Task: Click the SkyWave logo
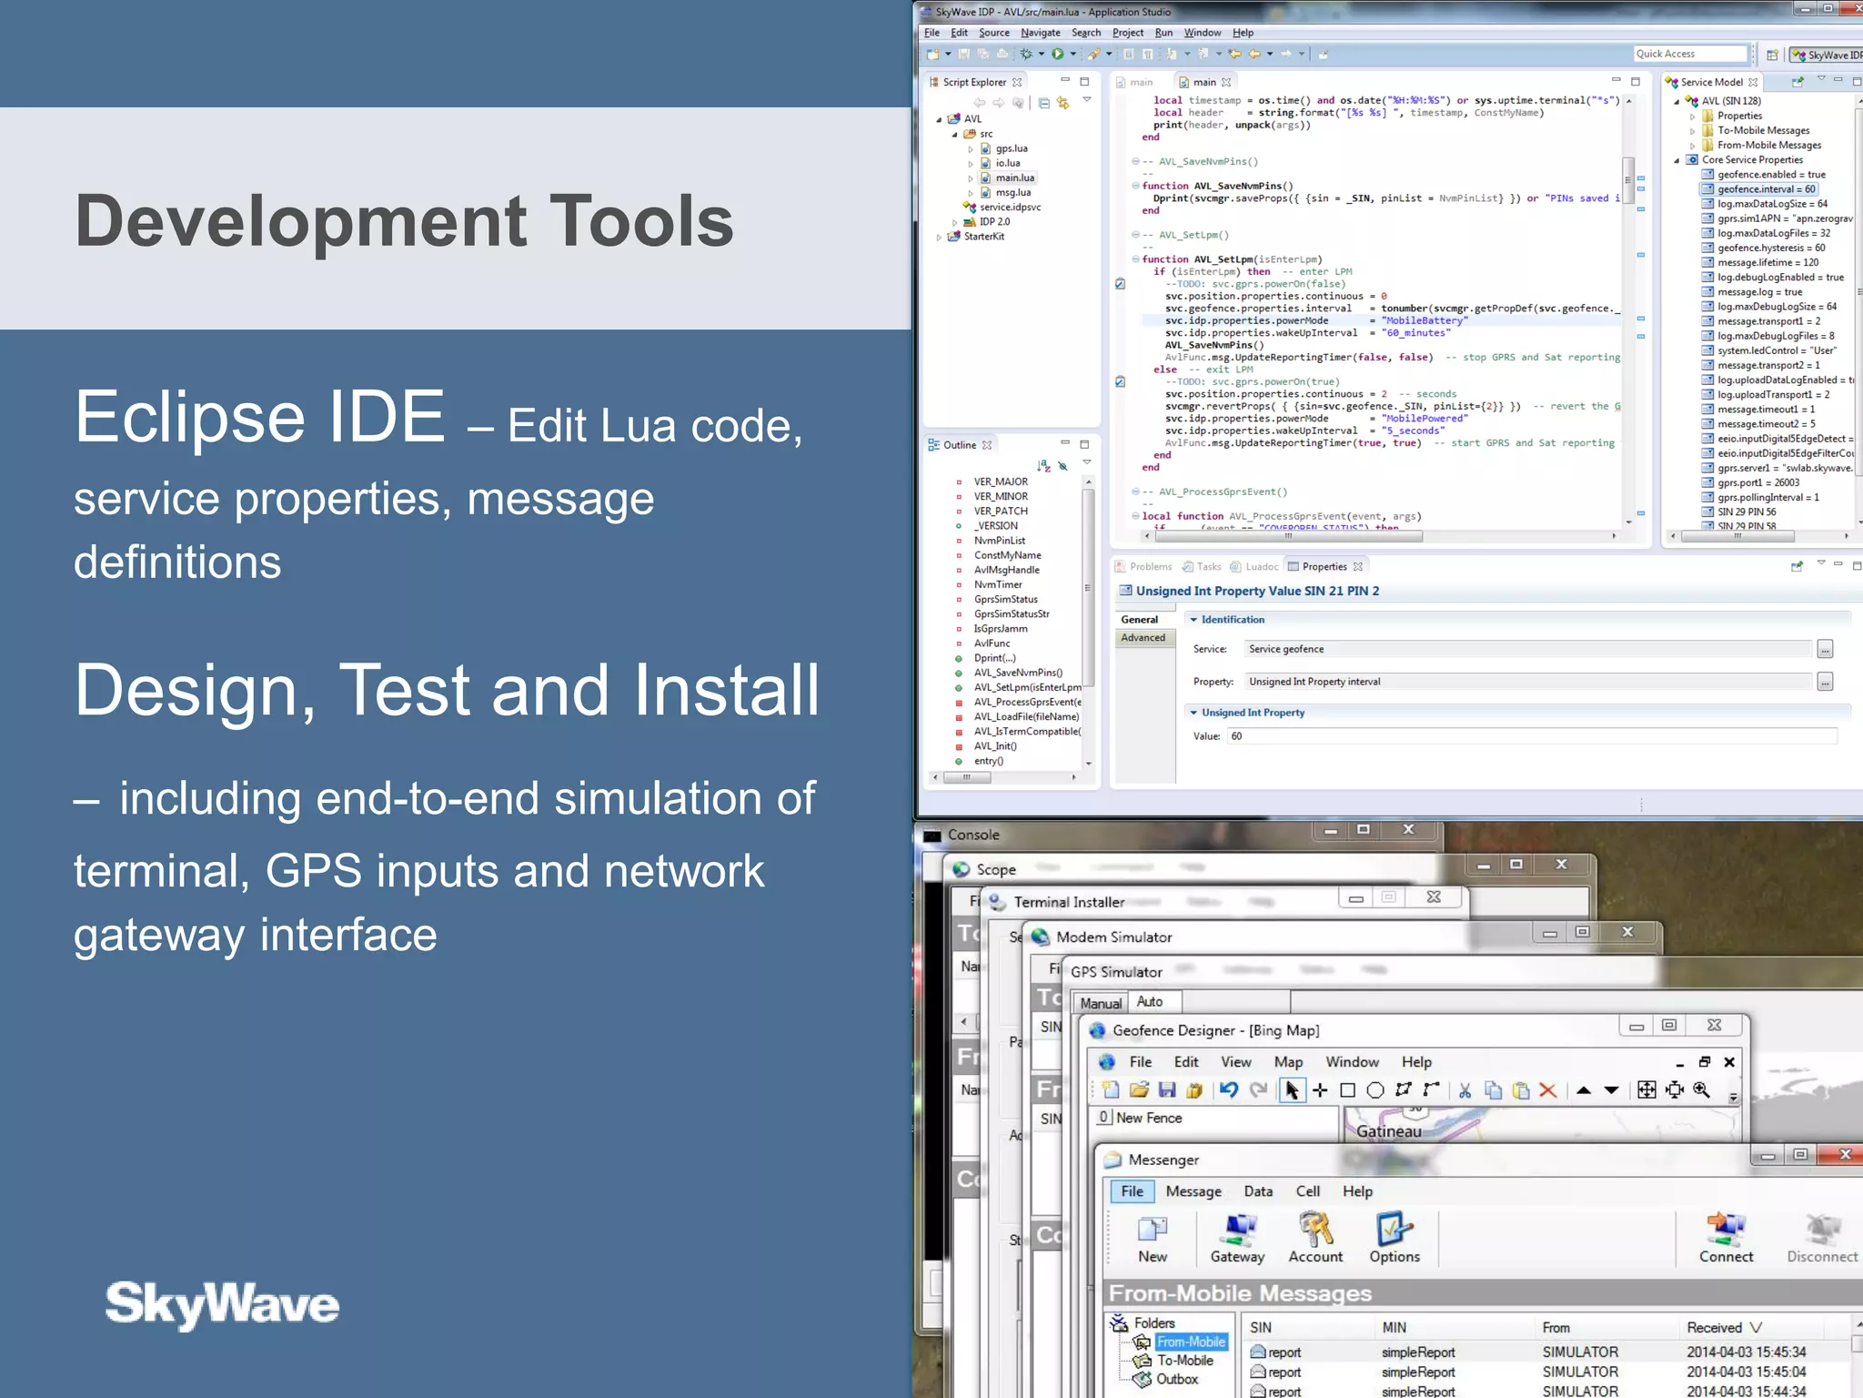click(222, 1303)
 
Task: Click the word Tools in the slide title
click(641, 221)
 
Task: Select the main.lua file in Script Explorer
click(1014, 177)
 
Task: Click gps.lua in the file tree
click(1011, 148)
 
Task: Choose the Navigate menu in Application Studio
click(1040, 33)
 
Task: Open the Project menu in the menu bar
click(1127, 33)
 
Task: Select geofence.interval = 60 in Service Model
click(1766, 189)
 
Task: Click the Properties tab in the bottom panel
click(1324, 566)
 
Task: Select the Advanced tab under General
click(1143, 638)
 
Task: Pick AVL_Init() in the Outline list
click(995, 746)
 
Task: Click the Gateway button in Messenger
click(1237, 1239)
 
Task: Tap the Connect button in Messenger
click(1726, 1239)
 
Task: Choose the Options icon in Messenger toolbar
click(1395, 1239)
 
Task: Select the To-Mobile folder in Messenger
click(1184, 1361)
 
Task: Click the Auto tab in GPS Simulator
click(1150, 1002)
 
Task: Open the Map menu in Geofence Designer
click(1288, 1062)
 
